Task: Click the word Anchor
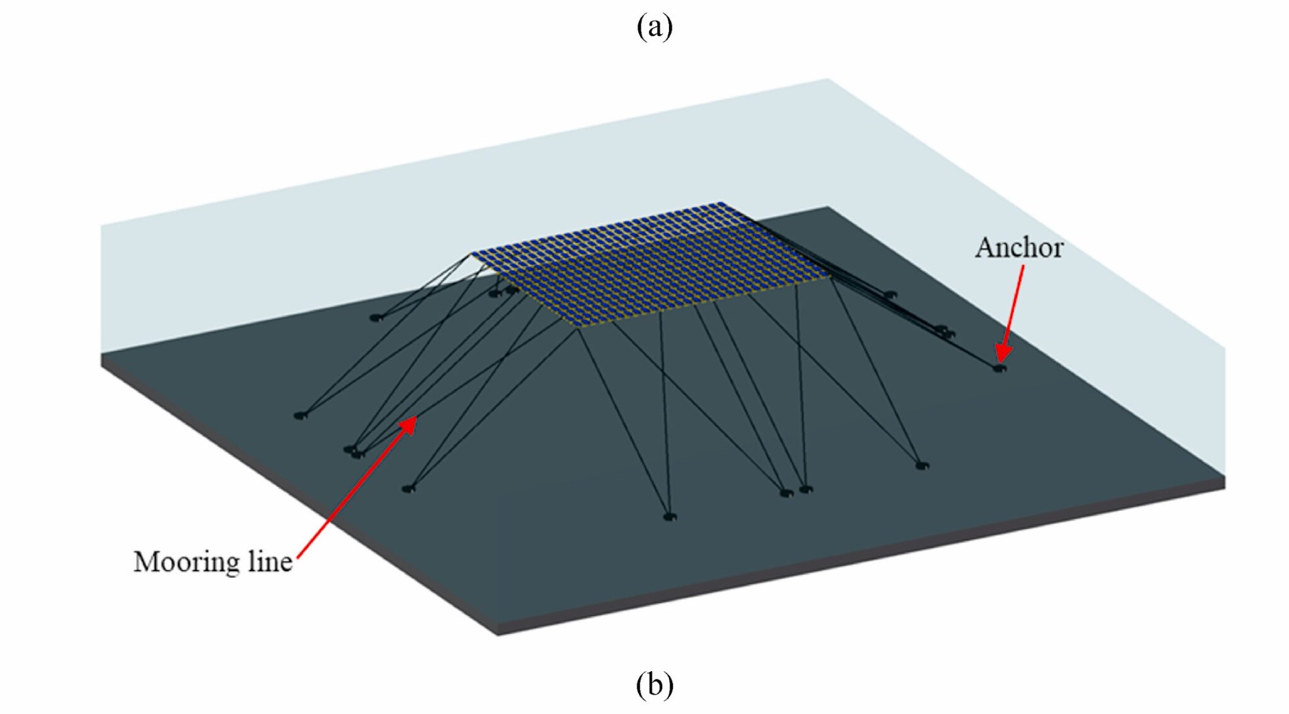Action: [1018, 247]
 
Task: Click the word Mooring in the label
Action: [186, 562]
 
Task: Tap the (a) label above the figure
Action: [654, 27]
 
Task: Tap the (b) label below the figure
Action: [654, 685]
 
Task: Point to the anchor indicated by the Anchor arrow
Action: [999, 367]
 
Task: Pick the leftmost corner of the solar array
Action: [472, 254]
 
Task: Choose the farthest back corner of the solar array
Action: [721, 204]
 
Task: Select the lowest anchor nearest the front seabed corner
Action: [669, 517]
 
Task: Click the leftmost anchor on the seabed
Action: [300, 415]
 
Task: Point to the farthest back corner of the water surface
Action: [827, 79]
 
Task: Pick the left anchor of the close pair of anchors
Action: [784, 492]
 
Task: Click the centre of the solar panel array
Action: [651, 264]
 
